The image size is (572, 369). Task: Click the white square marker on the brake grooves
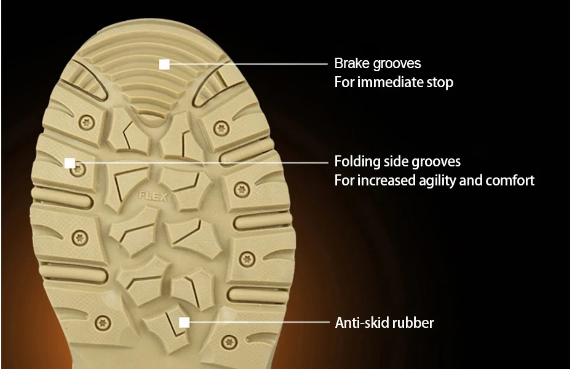click(x=164, y=64)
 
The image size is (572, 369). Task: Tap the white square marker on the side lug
click(x=70, y=163)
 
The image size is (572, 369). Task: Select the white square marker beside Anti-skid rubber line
click(x=184, y=322)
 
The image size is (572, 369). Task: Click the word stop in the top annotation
click(x=440, y=82)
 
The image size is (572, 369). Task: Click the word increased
click(x=383, y=181)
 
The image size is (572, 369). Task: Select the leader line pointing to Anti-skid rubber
click(x=258, y=322)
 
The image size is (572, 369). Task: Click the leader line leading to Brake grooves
click(x=246, y=64)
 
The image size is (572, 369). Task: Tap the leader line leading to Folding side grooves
click(x=203, y=163)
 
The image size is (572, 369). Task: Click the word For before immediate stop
click(x=343, y=82)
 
